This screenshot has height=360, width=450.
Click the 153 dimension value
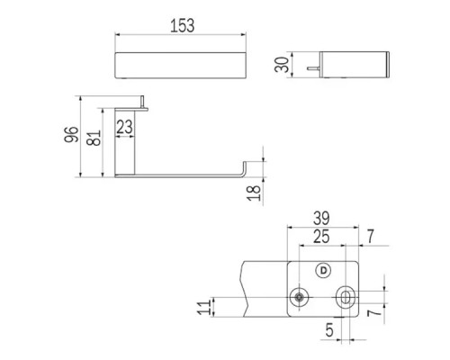[183, 25]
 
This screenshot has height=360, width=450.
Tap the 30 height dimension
[282, 65]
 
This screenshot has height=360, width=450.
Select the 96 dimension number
[71, 135]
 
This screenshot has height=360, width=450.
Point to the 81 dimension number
[94, 138]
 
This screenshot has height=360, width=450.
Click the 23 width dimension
[124, 127]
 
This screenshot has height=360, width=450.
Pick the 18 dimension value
[254, 193]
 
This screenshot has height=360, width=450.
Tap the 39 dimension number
[321, 218]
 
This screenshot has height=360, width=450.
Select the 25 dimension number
[321, 237]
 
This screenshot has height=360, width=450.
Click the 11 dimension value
[204, 307]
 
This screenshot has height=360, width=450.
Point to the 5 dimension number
[329, 330]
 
